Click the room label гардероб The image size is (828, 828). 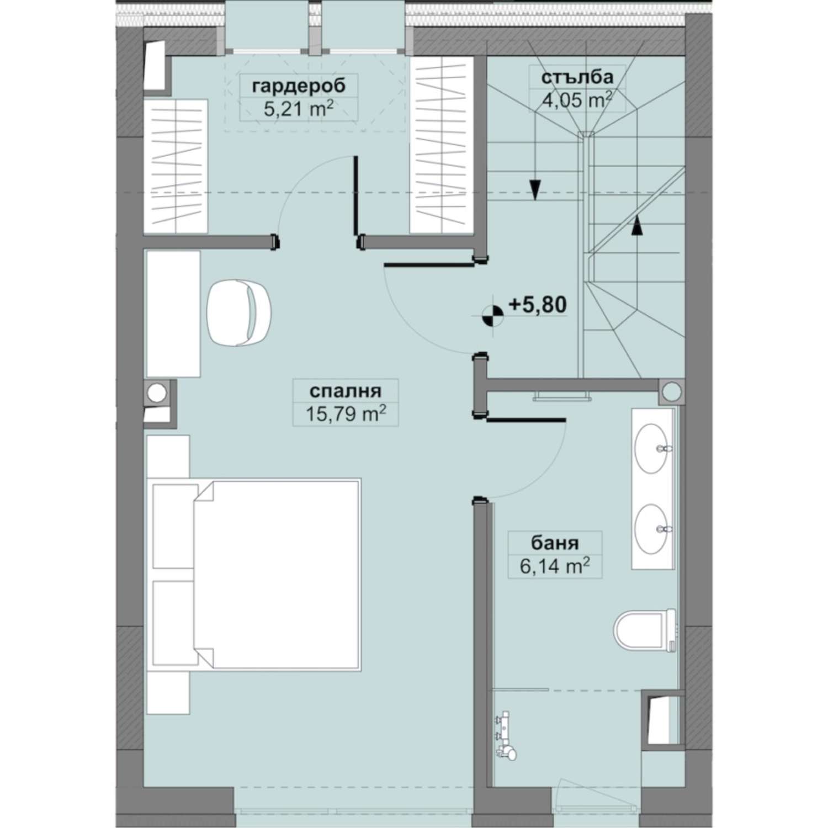click(299, 86)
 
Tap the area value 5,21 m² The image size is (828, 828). click(299, 109)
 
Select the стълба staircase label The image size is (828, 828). click(577, 77)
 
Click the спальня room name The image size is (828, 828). click(346, 391)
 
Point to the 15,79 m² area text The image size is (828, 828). click(346, 413)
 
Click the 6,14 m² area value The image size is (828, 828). click(555, 566)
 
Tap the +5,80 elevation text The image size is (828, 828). click(537, 304)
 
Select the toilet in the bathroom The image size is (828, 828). click(645, 630)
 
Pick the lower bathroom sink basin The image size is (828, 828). click(652, 528)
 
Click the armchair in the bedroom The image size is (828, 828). click(239, 312)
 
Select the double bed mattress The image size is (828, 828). click(277, 575)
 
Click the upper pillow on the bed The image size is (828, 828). click(175, 526)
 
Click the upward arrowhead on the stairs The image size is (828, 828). click(637, 225)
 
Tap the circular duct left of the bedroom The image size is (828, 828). click(157, 393)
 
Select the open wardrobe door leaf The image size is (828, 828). click(357, 197)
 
